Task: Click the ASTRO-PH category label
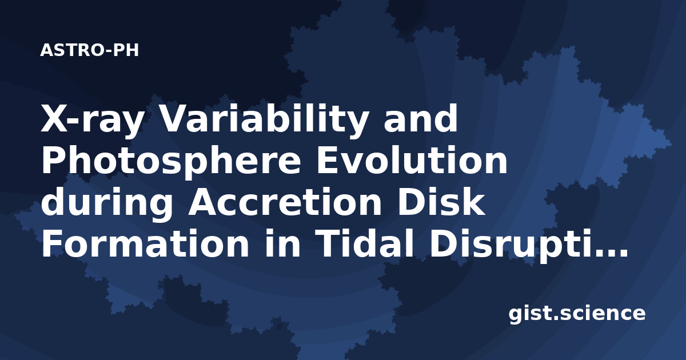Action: (x=89, y=50)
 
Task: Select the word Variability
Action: (x=264, y=118)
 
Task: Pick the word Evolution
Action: (x=412, y=160)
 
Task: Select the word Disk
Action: (x=441, y=202)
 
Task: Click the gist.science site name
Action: (x=577, y=314)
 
